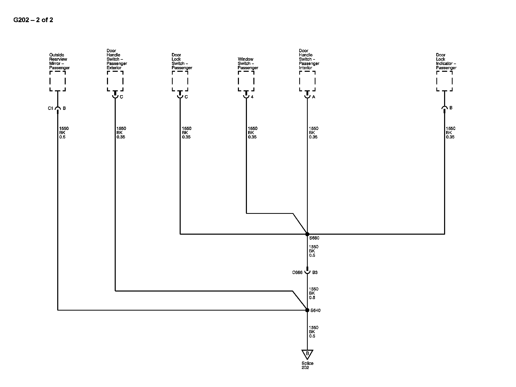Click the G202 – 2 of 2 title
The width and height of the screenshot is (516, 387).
coord(33,20)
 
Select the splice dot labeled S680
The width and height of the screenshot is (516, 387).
coord(307,234)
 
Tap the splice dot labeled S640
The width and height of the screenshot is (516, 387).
coord(307,310)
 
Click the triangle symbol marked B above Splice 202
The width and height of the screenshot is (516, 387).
coord(307,354)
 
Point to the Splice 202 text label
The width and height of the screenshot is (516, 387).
coord(307,365)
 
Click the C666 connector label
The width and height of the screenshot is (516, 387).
coord(297,272)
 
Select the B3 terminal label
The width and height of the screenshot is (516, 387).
coord(315,272)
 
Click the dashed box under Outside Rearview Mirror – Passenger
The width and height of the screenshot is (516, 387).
coord(57,81)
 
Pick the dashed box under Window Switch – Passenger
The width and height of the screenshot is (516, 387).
coord(246,81)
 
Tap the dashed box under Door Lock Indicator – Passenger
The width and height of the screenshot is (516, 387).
coord(444,81)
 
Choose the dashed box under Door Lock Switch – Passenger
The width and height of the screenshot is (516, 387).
coord(180,81)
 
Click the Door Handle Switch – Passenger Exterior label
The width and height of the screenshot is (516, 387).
coord(117,59)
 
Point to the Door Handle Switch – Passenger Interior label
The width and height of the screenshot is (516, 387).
coord(309,59)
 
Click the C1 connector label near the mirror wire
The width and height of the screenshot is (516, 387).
coord(50,108)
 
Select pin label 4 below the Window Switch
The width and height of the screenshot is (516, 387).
coord(252,97)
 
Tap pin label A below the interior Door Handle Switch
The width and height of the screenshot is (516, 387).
coord(314,97)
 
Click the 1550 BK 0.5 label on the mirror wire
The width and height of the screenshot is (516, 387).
coord(64,133)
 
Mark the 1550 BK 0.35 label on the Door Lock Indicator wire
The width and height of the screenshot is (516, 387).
coord(451,133)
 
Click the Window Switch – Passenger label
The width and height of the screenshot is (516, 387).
coord(248,64)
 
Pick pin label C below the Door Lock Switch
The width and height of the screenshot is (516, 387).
coord(186,97)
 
